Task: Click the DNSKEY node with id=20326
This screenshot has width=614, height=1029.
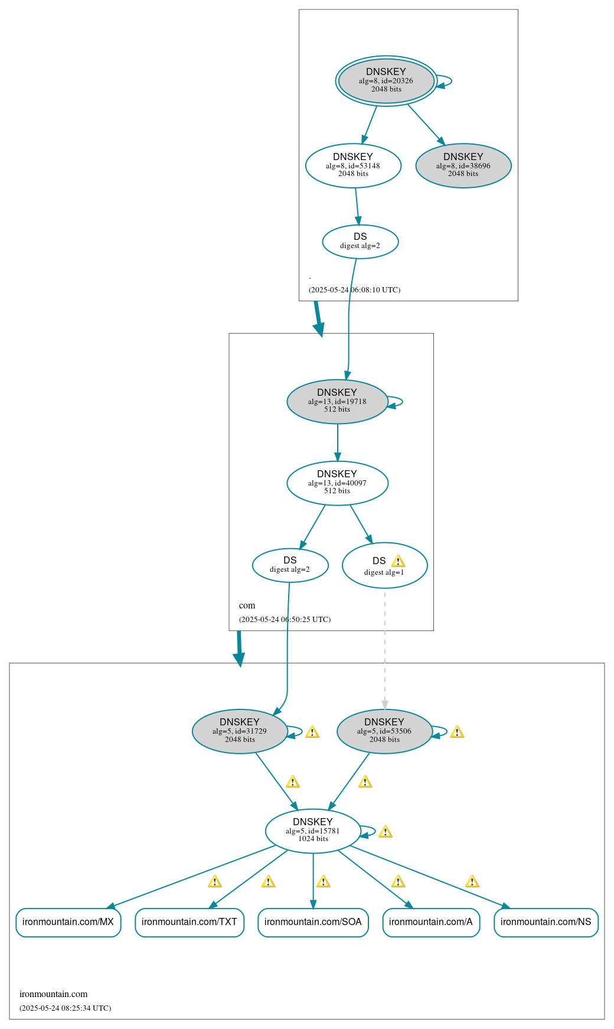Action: click(386, 81)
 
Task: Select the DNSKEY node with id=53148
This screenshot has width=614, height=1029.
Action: click(353, 165)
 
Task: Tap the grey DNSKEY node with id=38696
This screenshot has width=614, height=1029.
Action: click(463, 165)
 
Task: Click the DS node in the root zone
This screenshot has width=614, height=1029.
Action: click(360, 242)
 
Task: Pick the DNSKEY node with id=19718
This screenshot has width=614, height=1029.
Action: click(337, 402)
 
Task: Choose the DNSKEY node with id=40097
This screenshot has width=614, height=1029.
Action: click(337, 483)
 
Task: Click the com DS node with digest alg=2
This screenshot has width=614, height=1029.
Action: click(290, 565)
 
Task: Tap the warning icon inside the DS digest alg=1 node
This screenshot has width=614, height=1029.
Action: click(399, 561)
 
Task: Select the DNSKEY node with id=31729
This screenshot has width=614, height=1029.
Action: click(240, 731)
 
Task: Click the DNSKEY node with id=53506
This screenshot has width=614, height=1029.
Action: click(384, 731)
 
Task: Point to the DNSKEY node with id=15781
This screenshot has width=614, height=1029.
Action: click(313, 831)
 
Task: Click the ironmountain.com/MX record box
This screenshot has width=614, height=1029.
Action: click(68, 922)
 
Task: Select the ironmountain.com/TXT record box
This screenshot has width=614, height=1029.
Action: click(190, 922)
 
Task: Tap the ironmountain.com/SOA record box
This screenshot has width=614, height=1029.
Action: click(313, 922)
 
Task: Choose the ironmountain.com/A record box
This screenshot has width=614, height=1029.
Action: click(431, 922)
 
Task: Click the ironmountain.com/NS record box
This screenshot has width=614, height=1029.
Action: click(546, 922)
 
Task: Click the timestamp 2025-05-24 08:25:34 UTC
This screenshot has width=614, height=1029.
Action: click(66, 1008)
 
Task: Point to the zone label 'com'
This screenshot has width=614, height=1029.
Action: click(247, 605)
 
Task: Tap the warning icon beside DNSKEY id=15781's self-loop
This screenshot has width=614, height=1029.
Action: click(386, 832)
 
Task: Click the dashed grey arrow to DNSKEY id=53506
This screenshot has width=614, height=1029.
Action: click(385, 650)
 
